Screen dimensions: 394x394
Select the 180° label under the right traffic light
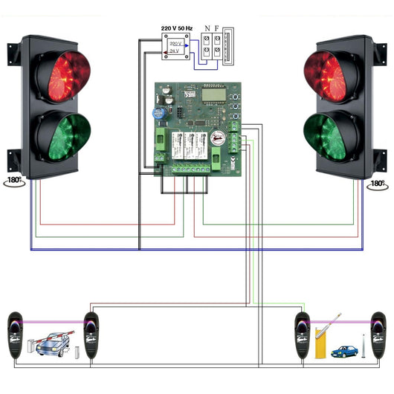coord(378,183)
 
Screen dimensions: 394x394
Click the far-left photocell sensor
coord(16,335)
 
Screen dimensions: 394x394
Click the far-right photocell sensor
coord(378,335)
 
